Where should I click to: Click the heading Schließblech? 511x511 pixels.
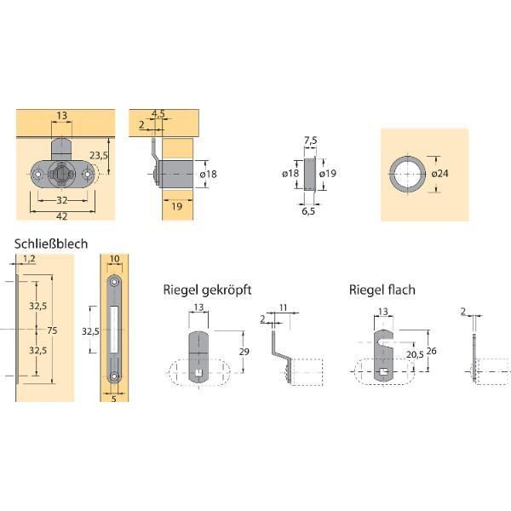tap(51, 244)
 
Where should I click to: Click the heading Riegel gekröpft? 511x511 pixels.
tap(207, 290)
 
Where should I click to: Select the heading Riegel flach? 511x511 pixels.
tap(382, 290)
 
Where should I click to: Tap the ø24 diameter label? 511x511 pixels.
tap(440, 174)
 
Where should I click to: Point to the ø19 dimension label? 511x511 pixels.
tap(328, 174)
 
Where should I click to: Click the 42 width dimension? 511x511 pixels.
tap(62, 216)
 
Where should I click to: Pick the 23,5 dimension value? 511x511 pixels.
tap(99, 156)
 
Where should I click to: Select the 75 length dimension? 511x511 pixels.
tap(52, 330)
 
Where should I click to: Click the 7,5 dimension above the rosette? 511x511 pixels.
tap(311, 141)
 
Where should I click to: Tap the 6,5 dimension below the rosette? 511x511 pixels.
tap(308, 211)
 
